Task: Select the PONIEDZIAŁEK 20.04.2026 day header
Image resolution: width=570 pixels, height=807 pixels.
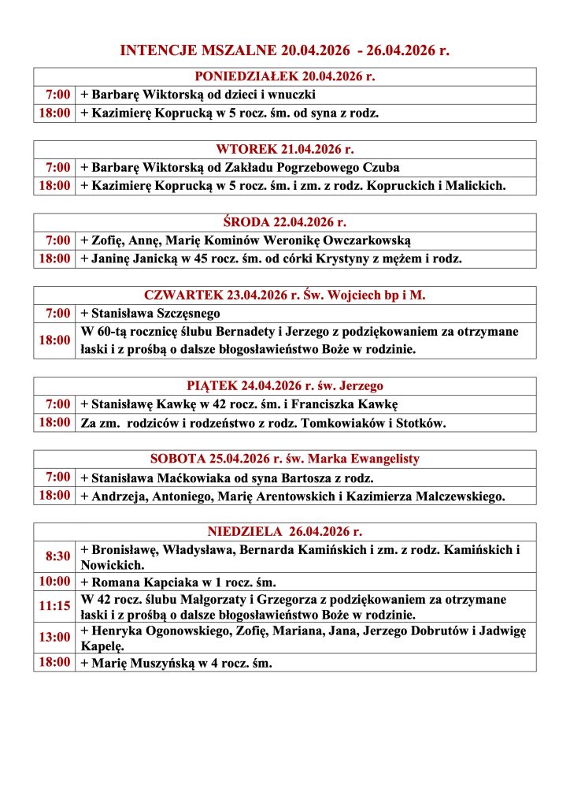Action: coord(284,77)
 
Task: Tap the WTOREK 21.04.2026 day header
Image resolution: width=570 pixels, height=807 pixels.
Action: coord(284,150)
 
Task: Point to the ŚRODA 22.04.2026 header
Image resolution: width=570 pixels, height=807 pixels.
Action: coord(284,222)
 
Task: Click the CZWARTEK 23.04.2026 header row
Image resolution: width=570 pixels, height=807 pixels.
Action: coord(284,296)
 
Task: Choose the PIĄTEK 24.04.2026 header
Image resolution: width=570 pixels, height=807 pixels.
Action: coord(284,386)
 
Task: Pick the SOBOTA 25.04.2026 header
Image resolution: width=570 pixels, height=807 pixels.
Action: coord(284,459)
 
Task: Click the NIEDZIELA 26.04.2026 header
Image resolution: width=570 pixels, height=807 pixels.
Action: coord(284,532)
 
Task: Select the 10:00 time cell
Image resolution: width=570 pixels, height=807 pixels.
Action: coord(56,582)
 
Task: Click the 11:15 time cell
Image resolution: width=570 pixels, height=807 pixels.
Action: coord(56,607)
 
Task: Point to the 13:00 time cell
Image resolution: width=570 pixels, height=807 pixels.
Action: coord(56,638)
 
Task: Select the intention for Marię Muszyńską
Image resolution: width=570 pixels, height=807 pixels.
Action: coord(176,663)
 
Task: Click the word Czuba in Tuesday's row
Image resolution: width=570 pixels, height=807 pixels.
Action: coord(381,168)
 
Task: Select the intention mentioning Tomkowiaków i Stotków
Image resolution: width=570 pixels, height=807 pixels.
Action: coord(263,423)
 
